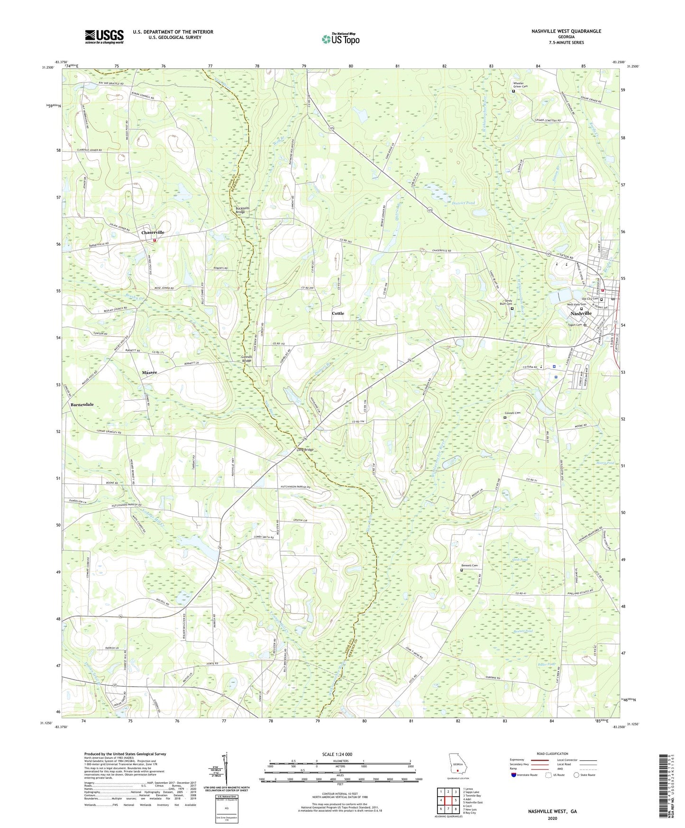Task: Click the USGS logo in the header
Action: [104, 37]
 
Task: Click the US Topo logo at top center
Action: [340, 39]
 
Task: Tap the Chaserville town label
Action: [153, 233]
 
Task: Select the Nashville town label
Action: [581, 314]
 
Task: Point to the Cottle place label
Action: [338, 313]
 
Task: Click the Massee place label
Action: [149, 373]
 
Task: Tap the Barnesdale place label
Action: [82, 405]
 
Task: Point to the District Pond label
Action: [463, 203]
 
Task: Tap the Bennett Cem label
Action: [469, 565]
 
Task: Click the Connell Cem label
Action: [512, 413]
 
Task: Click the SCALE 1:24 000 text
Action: [337, 754]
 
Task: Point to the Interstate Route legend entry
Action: [525, 775]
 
